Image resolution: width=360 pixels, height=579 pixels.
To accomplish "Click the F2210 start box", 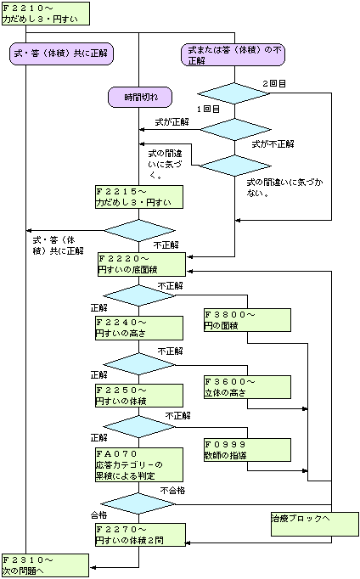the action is click(x=46, y=14).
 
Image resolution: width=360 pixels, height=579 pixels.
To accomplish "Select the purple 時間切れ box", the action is click(x=140, y=98).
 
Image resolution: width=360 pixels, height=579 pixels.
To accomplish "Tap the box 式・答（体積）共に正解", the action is click(x=61, y=54).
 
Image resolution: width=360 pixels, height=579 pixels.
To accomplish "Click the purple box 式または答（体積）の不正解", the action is click(x=233, y=54).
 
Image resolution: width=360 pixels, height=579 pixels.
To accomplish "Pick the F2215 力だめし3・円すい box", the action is click(x=139, y=197).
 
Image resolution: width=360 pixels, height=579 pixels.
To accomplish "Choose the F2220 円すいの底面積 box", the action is click(x=142, y=264).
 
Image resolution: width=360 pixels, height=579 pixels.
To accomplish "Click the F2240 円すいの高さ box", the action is click(x=139, y=328).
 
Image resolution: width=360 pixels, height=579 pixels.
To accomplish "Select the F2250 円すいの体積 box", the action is click(x=139, y=396).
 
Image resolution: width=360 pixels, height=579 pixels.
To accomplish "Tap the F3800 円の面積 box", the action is click(x=247, y=320).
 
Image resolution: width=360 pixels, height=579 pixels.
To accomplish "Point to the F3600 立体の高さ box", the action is click(x=247, y=387).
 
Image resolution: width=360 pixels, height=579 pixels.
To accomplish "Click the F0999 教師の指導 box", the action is click(x=247, y=450).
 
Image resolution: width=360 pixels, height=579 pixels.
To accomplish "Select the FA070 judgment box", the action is click(x=139, y=464).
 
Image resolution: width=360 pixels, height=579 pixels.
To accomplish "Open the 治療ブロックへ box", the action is click(x=315, y=524).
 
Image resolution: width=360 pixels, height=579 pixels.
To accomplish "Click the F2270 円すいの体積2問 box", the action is click(x=140, y=535).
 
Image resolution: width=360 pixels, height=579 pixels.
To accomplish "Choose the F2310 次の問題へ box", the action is click(x=45, y=565).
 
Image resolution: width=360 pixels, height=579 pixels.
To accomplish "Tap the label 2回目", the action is click(x=274, y=83).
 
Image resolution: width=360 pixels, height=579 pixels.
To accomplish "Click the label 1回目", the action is click(x=208, y=109).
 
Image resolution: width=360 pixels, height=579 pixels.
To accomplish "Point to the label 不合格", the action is click(x=173, y=491).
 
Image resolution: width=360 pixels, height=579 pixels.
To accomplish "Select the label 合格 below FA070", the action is click(x=99, y=514).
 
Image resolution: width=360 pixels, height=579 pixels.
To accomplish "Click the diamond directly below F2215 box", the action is click(x=139, y=231).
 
